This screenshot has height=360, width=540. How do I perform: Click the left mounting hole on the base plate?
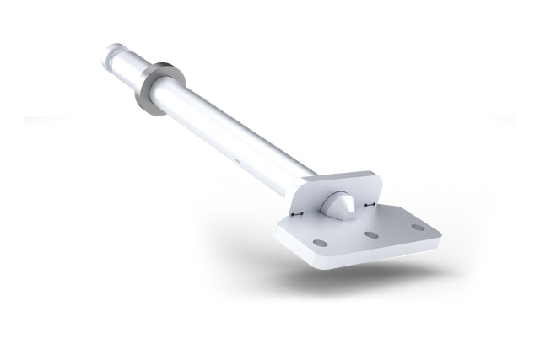[x=319, y=243]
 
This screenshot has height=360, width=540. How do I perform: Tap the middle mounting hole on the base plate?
[x=369, y=235]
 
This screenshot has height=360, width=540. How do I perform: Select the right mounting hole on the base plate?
[x=416, y=227]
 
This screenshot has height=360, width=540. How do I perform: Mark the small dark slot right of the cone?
[x=369, y=203]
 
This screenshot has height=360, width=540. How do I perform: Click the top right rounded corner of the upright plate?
[x=379, y=176]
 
